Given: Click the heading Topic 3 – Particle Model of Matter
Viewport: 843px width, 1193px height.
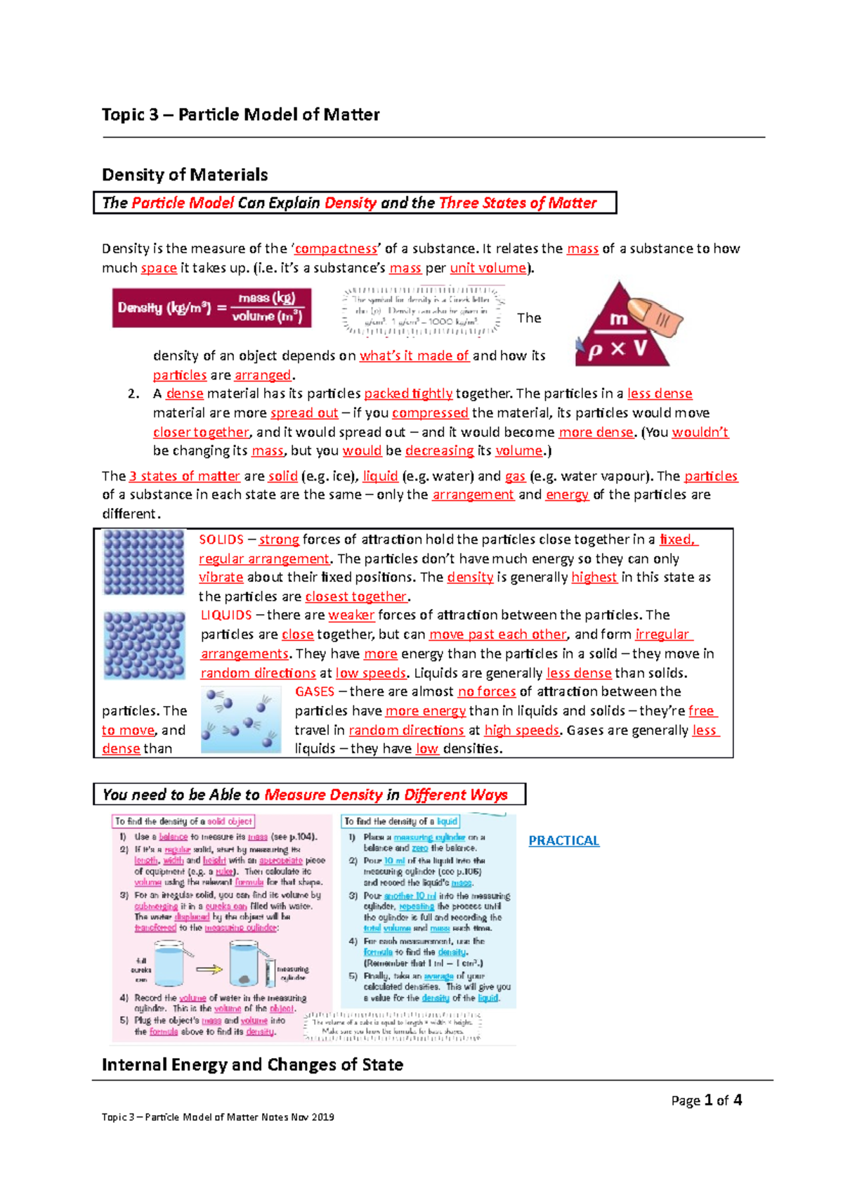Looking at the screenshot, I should click(x=240, y=115).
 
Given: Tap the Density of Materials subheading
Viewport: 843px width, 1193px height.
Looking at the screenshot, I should click(x=185, y=174).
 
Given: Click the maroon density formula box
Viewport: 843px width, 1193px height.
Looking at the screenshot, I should click(x=211, y=308).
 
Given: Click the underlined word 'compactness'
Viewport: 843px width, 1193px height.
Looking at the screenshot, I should click(x=336, y=249).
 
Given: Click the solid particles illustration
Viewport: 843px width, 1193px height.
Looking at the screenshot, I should click(x=143, y=562).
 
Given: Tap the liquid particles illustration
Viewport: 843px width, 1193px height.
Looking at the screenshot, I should click(x=143, y=645).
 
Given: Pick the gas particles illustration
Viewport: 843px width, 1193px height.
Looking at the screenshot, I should click(x=240, y=720).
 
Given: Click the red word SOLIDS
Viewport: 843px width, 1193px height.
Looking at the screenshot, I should click(x=221, y=540).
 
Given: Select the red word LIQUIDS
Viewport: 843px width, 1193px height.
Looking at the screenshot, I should click(x=226, y=615).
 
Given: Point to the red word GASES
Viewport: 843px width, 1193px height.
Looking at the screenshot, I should click(x=314, y=691).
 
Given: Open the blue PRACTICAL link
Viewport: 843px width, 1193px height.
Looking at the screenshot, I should click(x=563, y=840).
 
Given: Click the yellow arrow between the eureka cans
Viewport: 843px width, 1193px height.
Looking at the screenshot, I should click(x=209, y=970).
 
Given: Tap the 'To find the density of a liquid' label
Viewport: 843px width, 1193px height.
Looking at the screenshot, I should click(x=400, y=821).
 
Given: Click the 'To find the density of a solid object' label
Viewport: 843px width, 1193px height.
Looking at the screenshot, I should click(x=183, y=821).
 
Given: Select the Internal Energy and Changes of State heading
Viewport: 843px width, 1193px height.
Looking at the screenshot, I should click(x=252, y=1064).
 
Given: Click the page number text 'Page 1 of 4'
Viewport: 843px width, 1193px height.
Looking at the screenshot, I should click(x=706, y=1100).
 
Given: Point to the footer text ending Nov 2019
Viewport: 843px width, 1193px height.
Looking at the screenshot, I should click(x=218, y=1116).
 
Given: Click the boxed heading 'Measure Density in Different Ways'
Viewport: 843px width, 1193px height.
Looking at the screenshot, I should click(x=309, y=795).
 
